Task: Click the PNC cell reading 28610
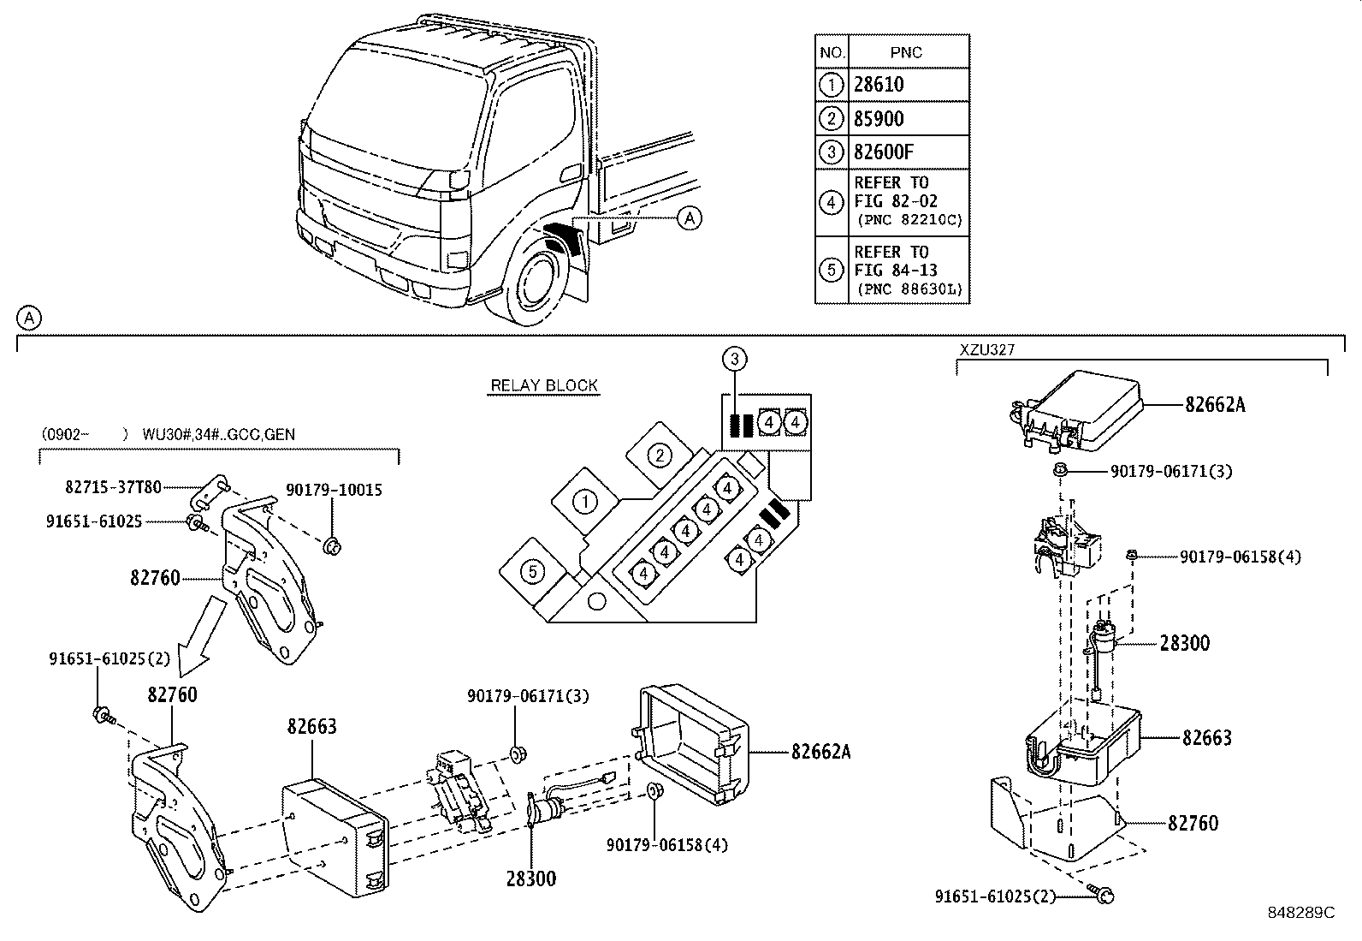pos(879,85)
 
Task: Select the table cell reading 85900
pos(879,119)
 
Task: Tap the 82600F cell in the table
pos(884,152)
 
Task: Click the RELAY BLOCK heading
pos(544,385)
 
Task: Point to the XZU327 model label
pos(987,348)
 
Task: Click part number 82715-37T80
pos(113,487)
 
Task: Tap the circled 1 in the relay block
pos(584,502)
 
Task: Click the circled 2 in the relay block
pos(660,455)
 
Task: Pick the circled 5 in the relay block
pos(533,571)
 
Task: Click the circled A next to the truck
pos(689,218)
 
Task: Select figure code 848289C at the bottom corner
pos(1301,913)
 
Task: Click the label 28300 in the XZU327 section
pos(1185,643)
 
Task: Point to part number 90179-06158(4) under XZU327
pos(1241,557)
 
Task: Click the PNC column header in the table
pos(906,52)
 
